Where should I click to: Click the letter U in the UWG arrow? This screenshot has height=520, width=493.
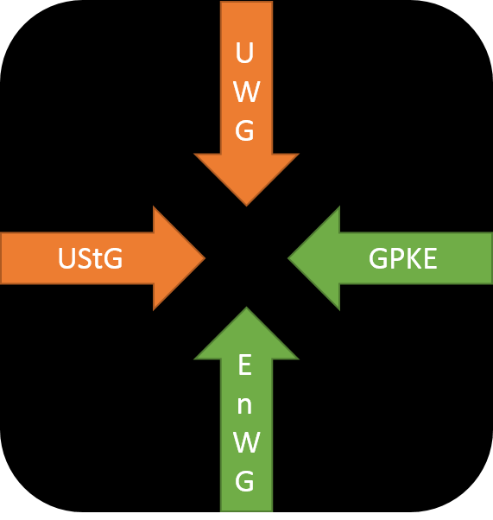[x=244, y=53]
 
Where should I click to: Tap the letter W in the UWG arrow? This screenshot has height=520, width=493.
[x=246, y=92]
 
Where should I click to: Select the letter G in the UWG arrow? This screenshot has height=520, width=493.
[x=244, y=130]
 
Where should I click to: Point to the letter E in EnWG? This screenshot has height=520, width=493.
[x=244, y=365]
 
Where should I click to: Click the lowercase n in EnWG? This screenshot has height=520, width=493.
[x=244, y=406]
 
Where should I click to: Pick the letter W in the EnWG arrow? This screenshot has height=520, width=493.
[x=246, y=442]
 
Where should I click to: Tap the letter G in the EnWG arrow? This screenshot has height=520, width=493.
[x=244, y=480]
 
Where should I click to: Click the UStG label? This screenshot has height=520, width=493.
[x=90, y=258]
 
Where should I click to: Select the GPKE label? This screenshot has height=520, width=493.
[x=402, y=258]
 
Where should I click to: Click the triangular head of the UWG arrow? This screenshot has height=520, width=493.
[x=246, y=175]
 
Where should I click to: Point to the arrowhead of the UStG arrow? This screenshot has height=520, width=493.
[x=176, y=258]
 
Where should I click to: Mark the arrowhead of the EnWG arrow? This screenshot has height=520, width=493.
[x=246, y=337]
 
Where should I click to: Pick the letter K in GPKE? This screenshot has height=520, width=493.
[x=413, y=258]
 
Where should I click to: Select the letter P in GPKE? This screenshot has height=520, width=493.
[x=396, y=258]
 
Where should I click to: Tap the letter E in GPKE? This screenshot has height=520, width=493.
[x=430, y=258]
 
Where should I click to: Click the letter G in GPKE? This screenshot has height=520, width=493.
[x=378, y=258]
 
